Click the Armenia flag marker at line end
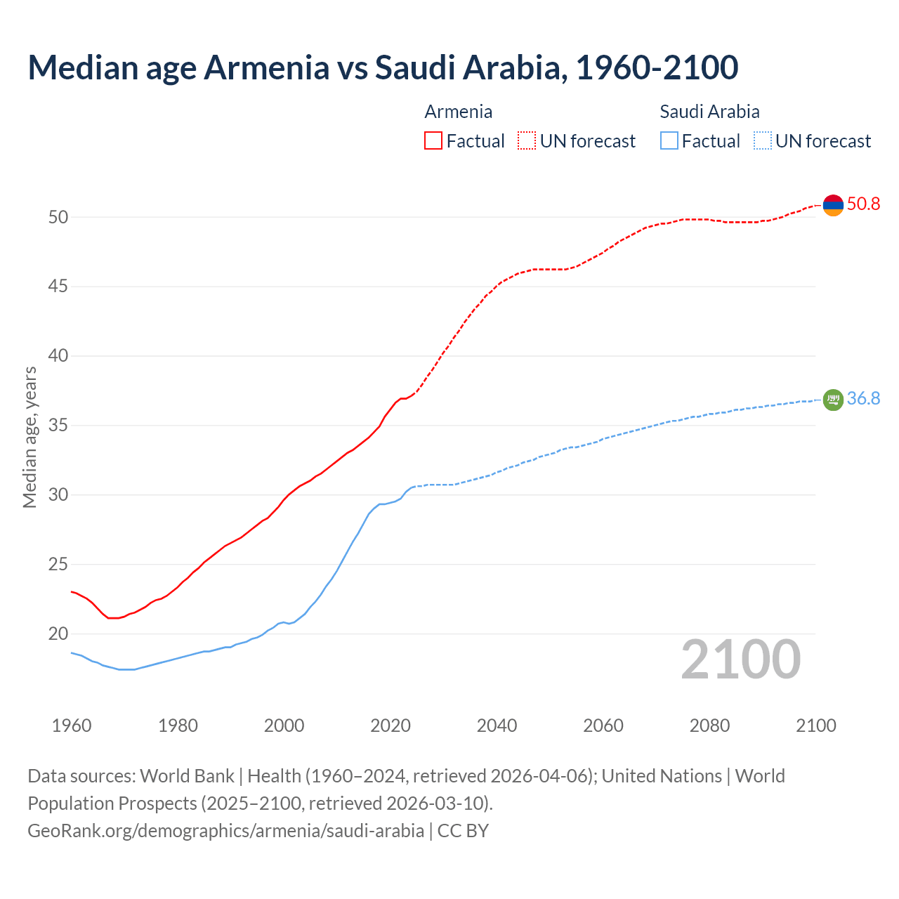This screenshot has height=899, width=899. [833, 205]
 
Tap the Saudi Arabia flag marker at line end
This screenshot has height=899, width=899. [833, 400]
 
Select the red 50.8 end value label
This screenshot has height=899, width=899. [863, 204]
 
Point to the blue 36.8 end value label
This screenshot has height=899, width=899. [863, 399]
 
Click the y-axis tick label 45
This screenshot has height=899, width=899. [58, 287]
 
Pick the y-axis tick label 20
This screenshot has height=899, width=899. [58, 634]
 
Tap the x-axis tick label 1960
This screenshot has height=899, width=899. [72, 726]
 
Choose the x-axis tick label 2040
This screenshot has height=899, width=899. [497, 726]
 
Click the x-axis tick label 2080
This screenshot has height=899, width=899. [709, 726]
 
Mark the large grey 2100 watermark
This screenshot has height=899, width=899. [740, 660]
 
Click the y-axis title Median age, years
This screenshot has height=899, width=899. [29, 437]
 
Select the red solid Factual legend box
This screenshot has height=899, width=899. [433, 141]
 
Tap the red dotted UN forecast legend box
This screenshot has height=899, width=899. [527, 141]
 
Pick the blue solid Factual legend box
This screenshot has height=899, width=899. [669, 141]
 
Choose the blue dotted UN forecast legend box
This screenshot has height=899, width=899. [763, 141]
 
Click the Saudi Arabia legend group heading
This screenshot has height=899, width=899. [709, 112]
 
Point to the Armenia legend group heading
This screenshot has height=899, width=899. [458, 112]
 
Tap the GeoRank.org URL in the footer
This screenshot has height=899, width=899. [225, 831]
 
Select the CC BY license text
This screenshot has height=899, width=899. [463, 831]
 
